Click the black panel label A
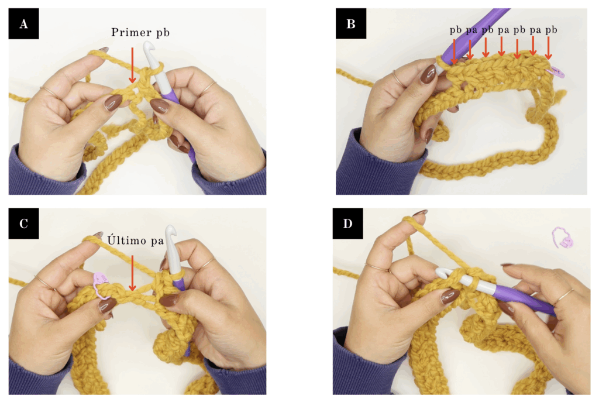(23, 23)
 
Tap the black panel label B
(351, 23)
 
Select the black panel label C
(23, 224)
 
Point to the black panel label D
(347, 224)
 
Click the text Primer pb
(140, 33)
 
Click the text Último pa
(135, 240)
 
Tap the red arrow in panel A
(132, 65)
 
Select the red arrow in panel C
(132, 273)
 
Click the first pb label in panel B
(455, 30)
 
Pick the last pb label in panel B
(551, 30)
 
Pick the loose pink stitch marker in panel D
(562, 238)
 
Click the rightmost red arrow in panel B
(548, 48)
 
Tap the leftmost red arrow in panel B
(454, 51)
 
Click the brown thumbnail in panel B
(428, 74)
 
